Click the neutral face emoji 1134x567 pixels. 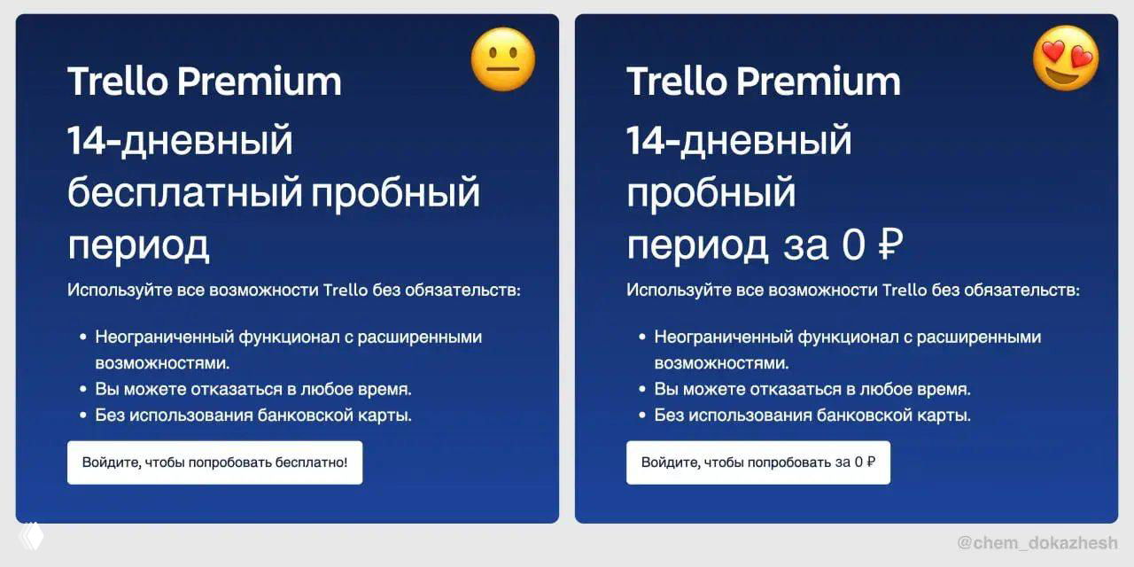(x=503, y=59)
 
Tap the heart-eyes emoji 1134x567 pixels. (x=1066, y=58)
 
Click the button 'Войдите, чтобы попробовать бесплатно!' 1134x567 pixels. (x=214, y=462)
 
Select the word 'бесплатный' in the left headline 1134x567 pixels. (x=185, y=193)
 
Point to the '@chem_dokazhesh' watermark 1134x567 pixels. (x=1037, y=542)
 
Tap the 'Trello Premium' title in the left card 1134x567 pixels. (x=204, y=82)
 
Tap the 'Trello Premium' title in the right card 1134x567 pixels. (x=763, y=82)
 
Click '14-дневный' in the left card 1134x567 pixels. (x=180, y=140)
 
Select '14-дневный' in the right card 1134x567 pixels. (x=739, y=140)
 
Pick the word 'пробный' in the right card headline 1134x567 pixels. (x=711, y=193)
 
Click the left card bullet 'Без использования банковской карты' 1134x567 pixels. (x=253, y=415)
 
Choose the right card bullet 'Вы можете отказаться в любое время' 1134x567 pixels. (x=812, y=389)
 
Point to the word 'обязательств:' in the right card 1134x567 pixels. (x=1031, y=290)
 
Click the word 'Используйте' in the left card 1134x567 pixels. (x=107, y=290)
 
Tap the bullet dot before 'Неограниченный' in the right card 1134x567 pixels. (x=641, y=338)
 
